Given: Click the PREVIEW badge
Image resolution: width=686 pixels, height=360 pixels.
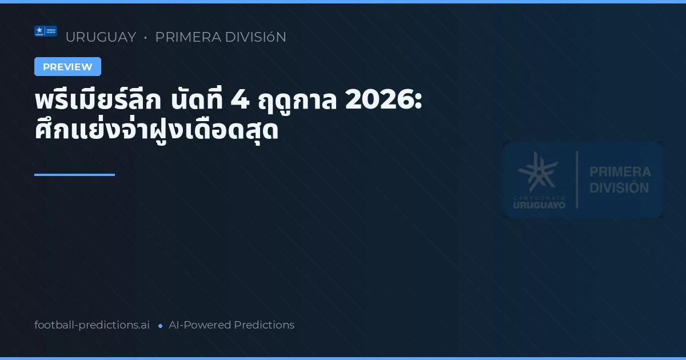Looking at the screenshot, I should [x=67, y=67].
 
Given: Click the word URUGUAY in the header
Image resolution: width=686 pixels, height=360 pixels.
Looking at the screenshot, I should [x=101, y=37].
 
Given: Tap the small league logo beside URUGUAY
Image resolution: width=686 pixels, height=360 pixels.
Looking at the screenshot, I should [x=46, y=31].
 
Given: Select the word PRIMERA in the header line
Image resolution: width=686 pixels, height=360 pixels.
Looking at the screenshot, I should [x=189, y=37].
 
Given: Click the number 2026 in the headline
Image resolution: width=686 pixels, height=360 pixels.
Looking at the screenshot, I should [x=384, y=102].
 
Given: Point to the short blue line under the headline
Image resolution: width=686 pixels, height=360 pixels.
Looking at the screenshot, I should [x=74, y=175].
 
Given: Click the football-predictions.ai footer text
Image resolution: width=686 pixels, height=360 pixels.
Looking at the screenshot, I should [x=92, y=325].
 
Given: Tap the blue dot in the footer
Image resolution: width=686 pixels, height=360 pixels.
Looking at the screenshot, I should [x=160, y=326].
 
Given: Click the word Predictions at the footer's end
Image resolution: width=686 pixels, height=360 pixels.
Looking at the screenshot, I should [x=264, y=325].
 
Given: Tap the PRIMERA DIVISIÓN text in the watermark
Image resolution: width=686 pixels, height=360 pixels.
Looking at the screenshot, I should [x=620, y=179].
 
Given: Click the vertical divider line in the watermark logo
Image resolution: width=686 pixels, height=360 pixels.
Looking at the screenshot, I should [x=576, y=179].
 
